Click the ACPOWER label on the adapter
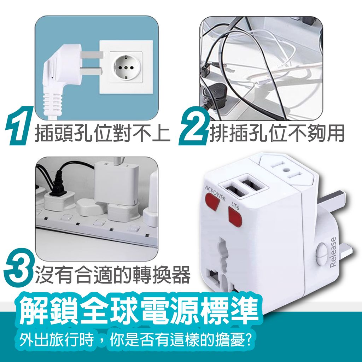[x=214, y=193]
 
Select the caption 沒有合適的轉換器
[x=112, y=274]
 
